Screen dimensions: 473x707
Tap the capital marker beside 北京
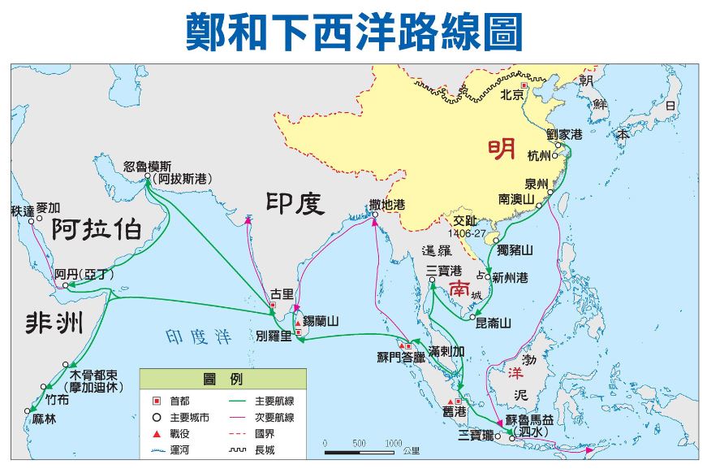click(x=524, y=85)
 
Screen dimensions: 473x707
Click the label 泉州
click(x=537, y=183)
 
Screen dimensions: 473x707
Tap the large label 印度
click(x=296, y=203)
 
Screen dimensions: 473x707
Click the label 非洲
click(x=53, y=323)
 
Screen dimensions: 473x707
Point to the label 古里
click(x=282, y=293)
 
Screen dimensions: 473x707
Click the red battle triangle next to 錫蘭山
click(x=298, y=321)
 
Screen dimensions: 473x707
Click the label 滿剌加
click(x=447, y=352)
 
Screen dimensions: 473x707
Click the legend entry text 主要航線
click(x=274, y=401)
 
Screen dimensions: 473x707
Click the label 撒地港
click(x=386, y=205)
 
